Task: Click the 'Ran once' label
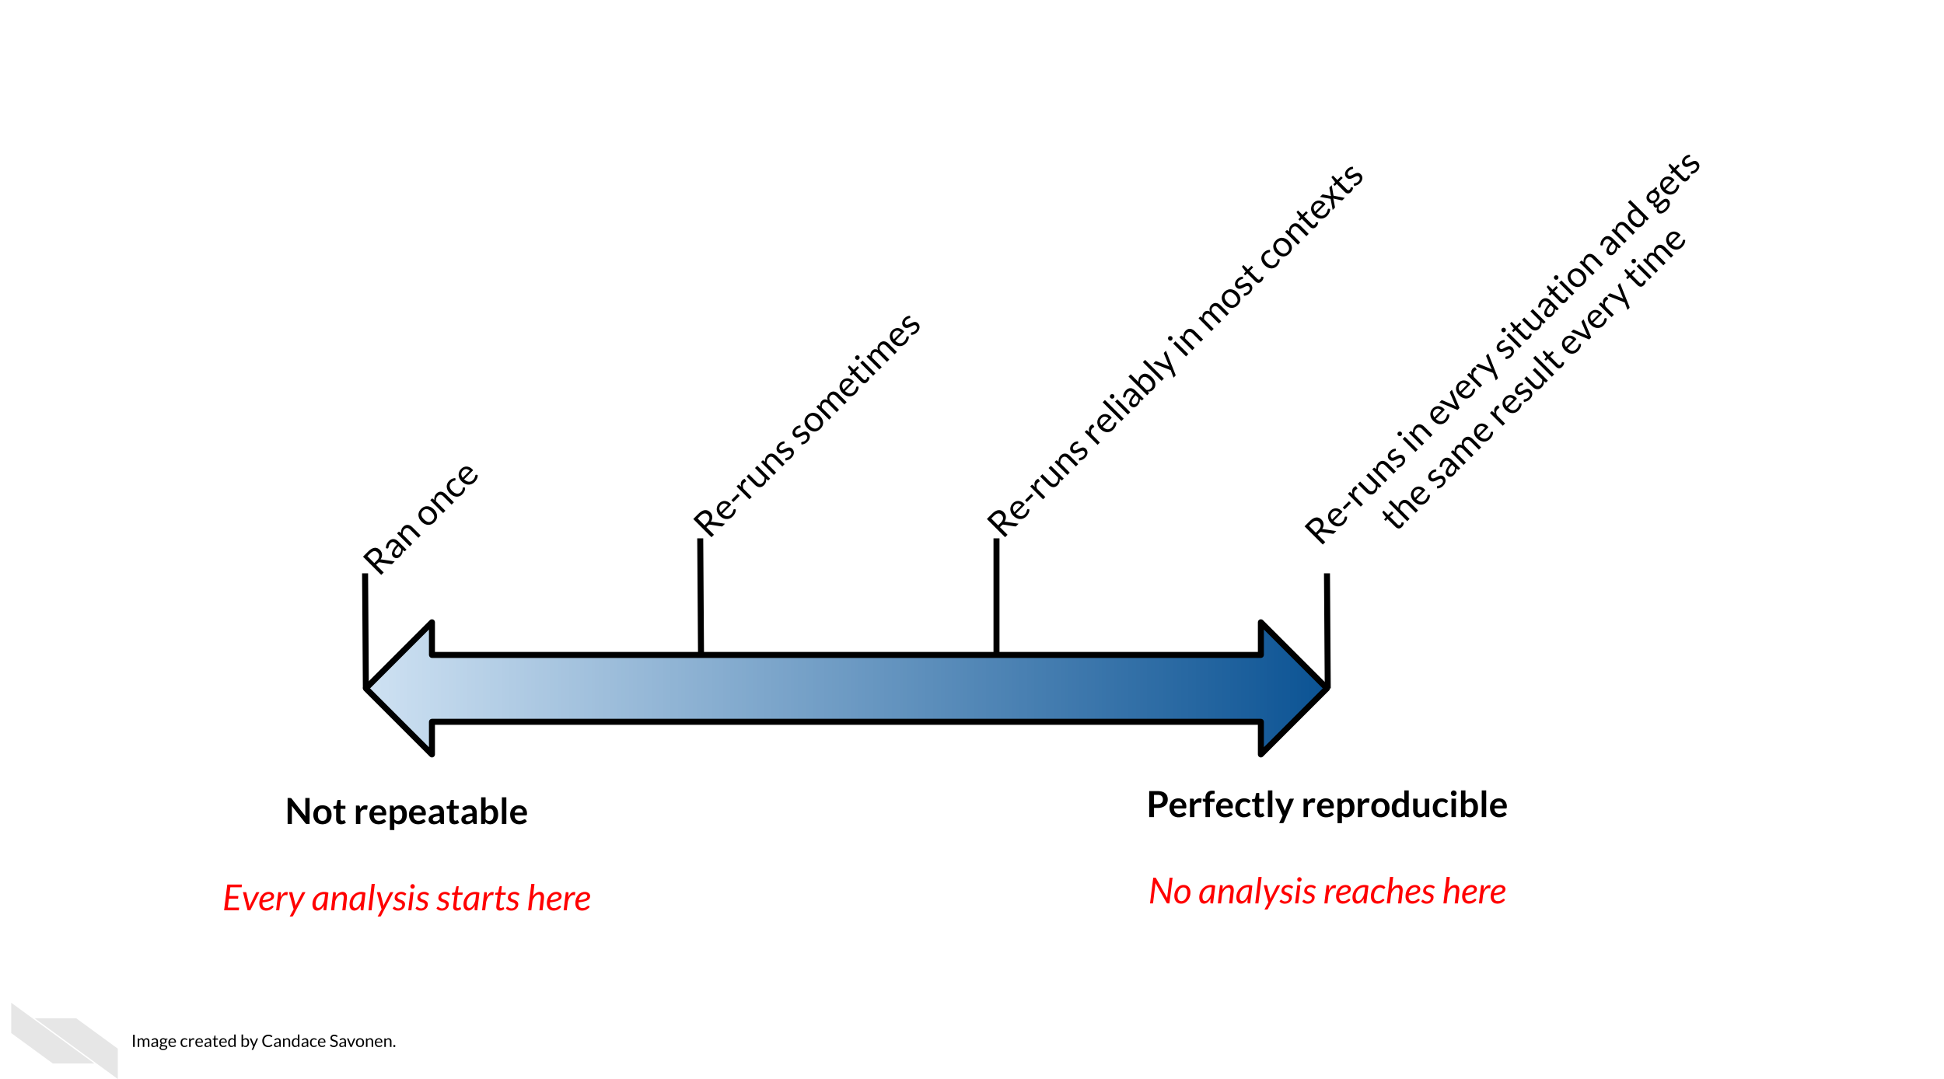click(x=421, y=519)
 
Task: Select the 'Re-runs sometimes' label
click(x=807, y=425)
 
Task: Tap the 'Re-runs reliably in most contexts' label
click(x=1175, y=351)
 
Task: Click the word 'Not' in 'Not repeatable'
click(x=315, y=812)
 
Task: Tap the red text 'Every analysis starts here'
click(x=407, y=899)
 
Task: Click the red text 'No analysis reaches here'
click(x=1327, y=892)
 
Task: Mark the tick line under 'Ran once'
click(x=365, y=630)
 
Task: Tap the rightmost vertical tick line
click(x=1327, y=630)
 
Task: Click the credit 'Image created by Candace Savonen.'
click(x=264, y=1042)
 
